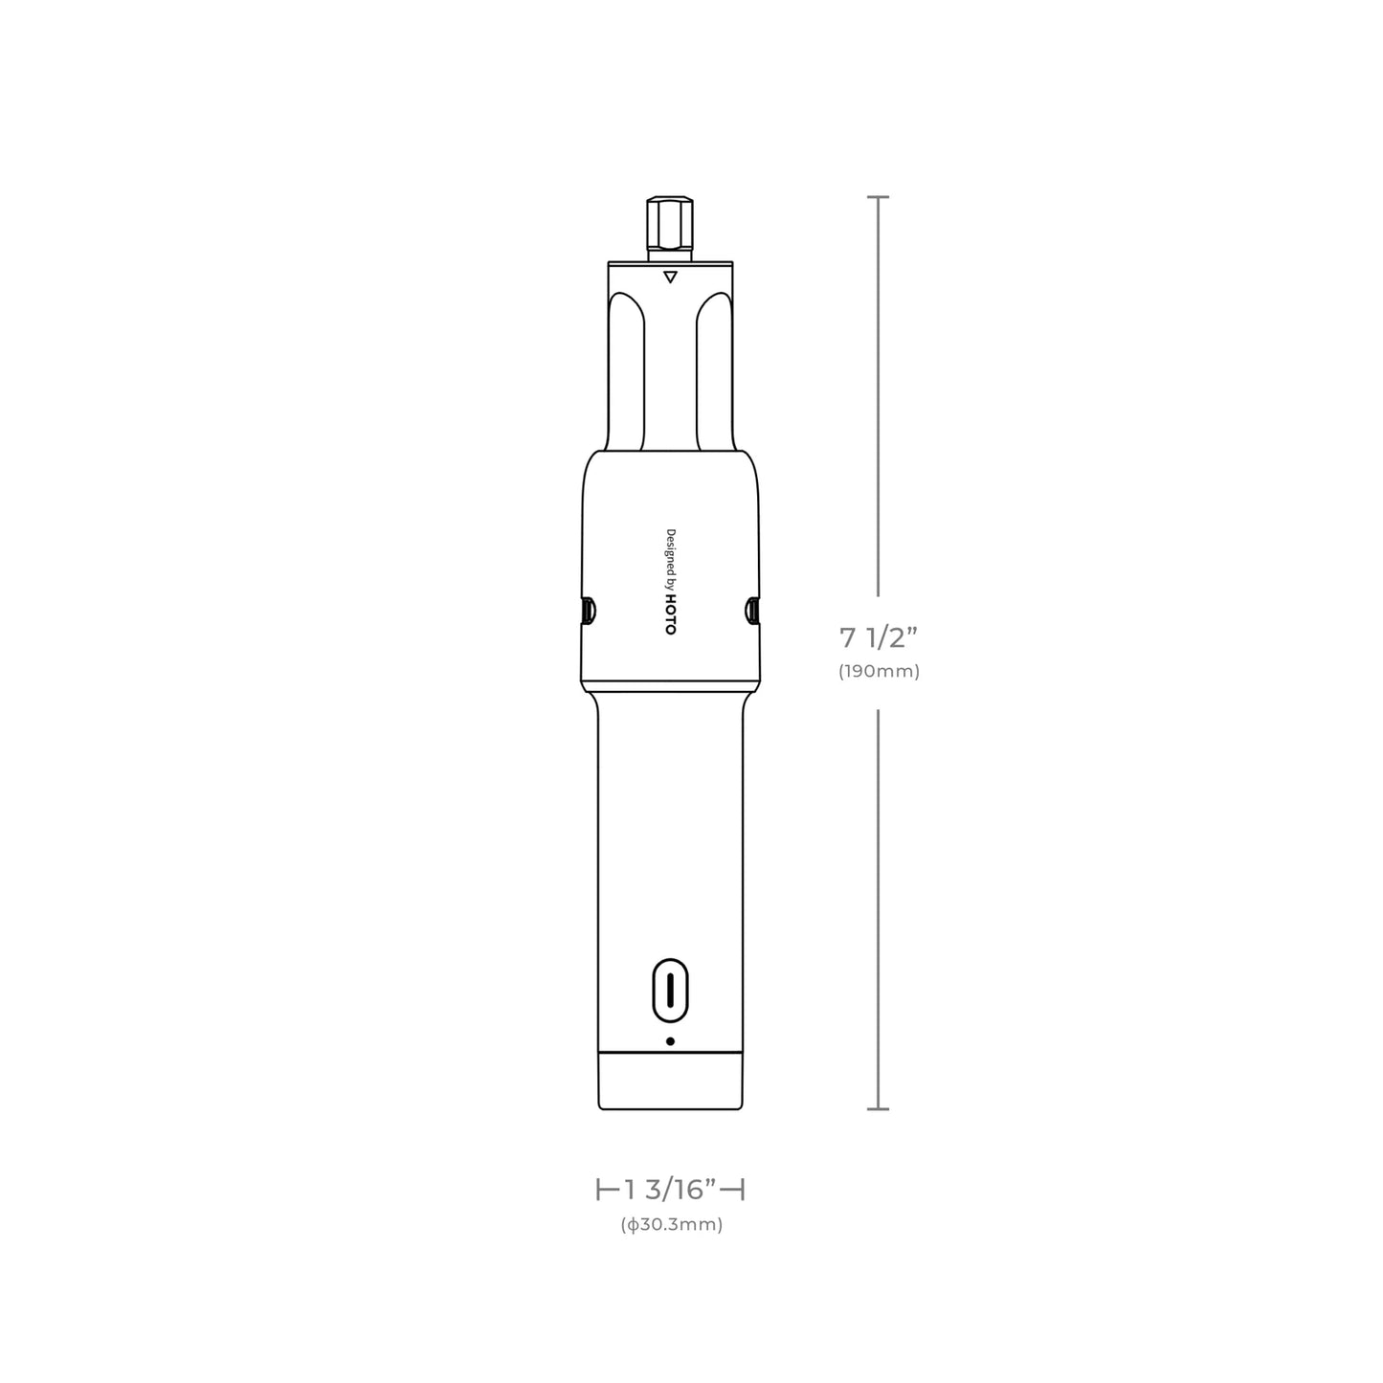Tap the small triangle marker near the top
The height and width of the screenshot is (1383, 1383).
coord(670,277)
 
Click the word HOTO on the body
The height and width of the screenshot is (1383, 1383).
coord(670,615)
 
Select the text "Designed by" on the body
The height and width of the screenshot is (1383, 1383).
coord(670,561)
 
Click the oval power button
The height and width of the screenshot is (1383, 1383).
coord(670,990)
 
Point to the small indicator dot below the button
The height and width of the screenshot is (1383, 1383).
coord(670,1040)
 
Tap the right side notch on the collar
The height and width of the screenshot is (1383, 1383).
coord(751,610)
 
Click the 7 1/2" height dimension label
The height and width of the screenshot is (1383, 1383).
coord(879,637)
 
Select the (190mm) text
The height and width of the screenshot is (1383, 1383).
coord(879,671)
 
